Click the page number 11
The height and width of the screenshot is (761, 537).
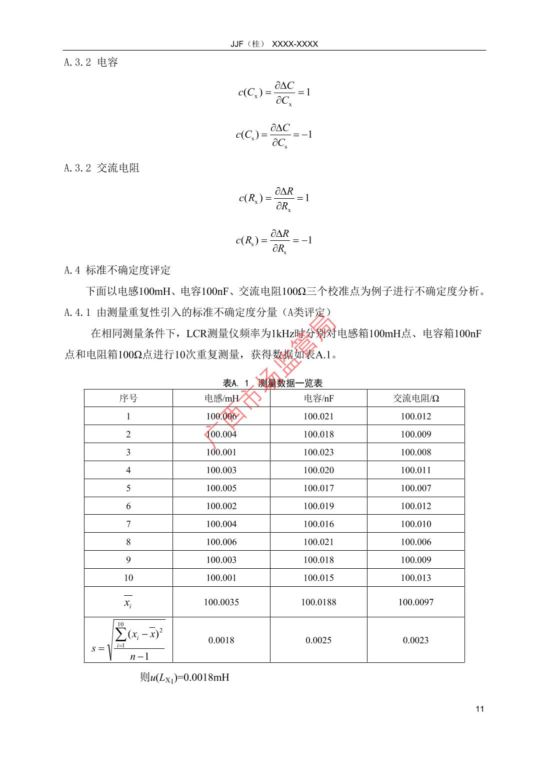480,709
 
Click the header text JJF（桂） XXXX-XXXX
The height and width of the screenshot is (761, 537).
274,44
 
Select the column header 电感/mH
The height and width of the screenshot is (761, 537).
221,399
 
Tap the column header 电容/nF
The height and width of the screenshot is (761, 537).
318,399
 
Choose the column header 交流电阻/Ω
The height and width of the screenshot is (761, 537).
415,399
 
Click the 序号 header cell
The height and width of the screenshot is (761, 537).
128,399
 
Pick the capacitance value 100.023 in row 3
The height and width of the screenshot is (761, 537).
318,452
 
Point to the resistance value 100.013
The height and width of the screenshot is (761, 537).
415,578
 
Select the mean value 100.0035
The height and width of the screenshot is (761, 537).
221,602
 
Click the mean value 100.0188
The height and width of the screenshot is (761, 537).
318,602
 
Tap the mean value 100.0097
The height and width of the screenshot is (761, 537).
415,602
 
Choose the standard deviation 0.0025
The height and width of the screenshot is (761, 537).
318,640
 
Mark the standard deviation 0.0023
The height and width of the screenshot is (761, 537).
415,640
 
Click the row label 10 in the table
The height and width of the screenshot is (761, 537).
128,578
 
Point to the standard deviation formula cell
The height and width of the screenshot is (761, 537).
128,640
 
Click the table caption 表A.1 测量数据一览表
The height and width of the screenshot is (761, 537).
272,384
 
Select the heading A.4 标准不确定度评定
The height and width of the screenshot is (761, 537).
117,270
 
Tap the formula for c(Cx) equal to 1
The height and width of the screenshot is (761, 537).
274,93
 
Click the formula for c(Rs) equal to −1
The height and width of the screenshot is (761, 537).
274,241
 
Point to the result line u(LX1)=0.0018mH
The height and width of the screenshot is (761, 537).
184,678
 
